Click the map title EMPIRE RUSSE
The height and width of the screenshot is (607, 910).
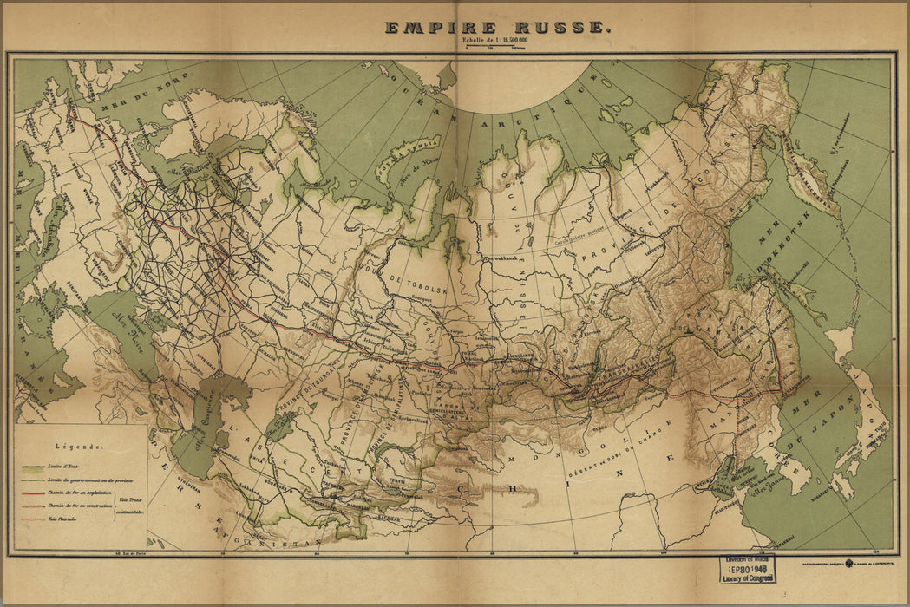click(x=498, y=27)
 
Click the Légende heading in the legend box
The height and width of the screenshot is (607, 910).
click(x=80, y=447)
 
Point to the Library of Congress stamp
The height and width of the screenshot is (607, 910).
click(x=746, y=570)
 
